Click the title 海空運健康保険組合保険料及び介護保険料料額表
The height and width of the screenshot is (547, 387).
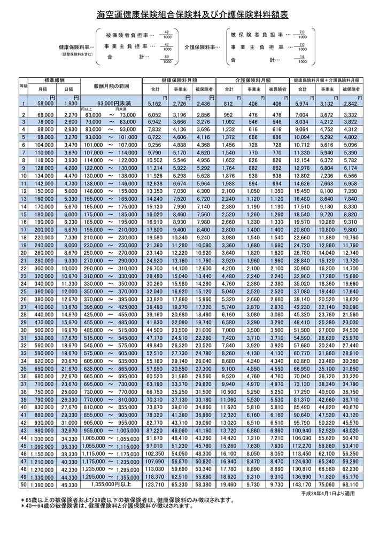click(193, 15)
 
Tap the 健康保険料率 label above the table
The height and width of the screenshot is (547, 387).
click(76, 47)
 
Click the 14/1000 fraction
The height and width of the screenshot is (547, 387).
click(302, 59)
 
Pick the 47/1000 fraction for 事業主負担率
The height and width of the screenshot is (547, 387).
click(167, 47)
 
